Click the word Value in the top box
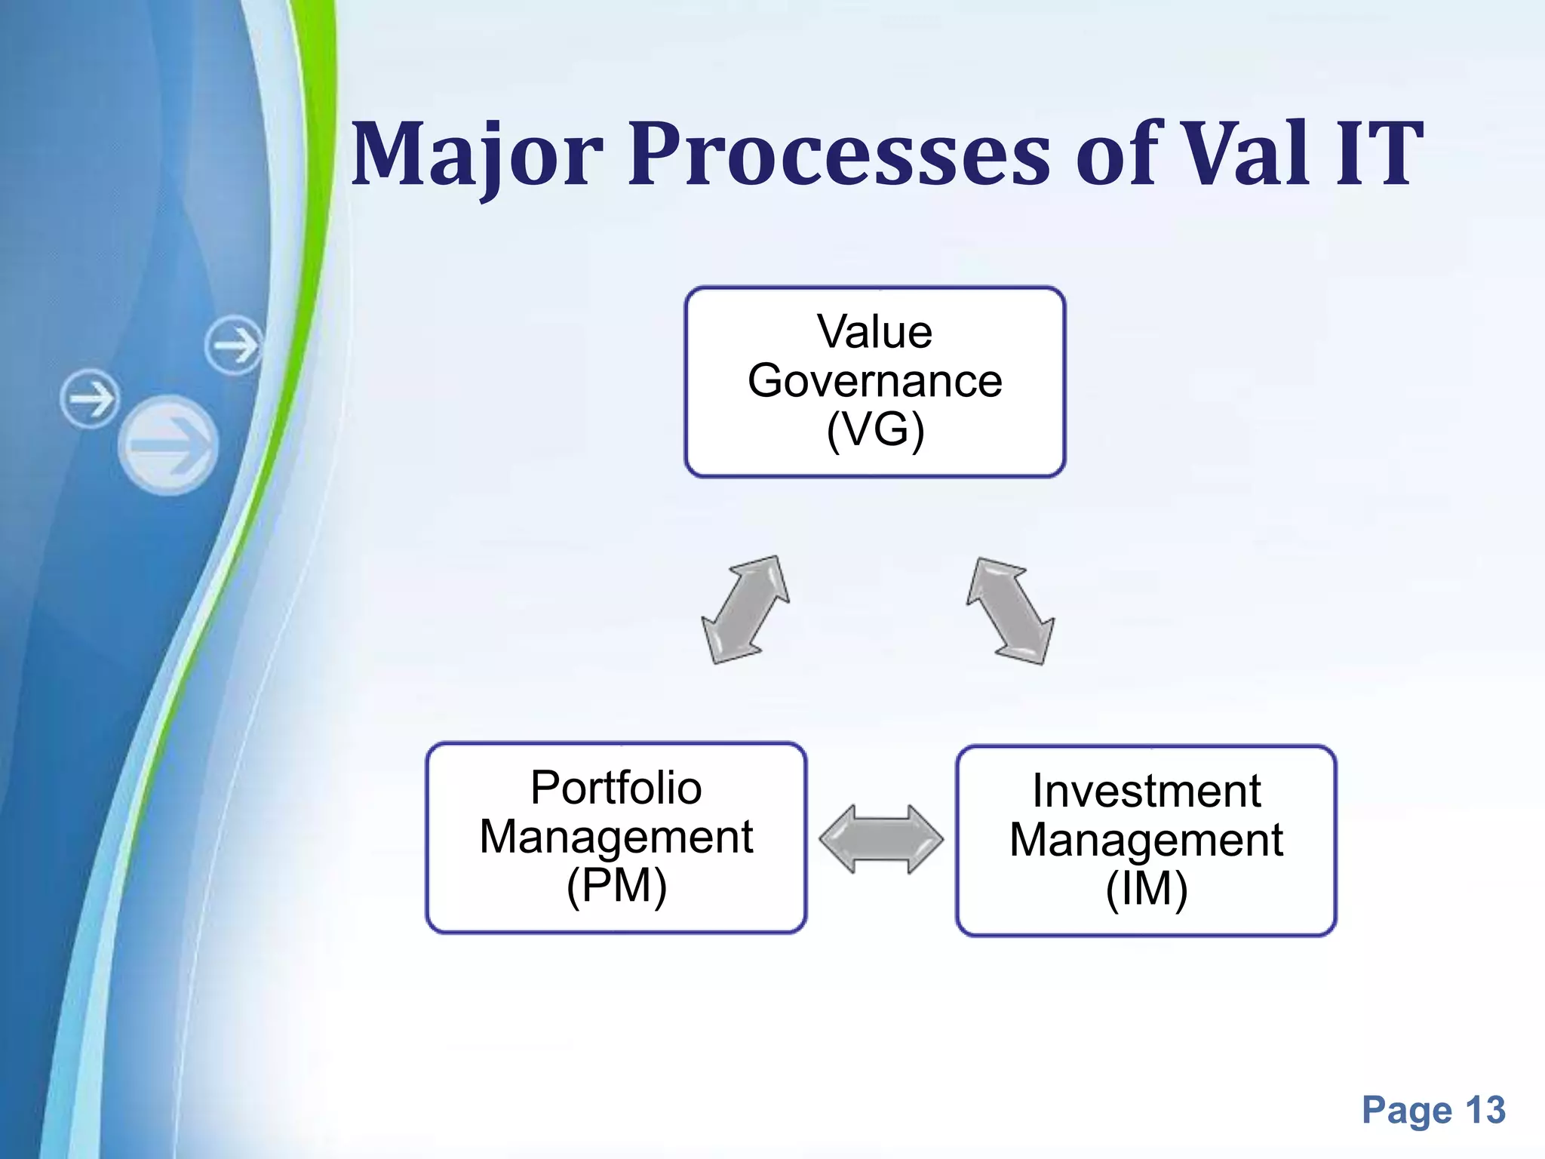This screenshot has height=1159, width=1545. tap(874, 332)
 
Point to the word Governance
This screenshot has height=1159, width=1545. tap(874, 380)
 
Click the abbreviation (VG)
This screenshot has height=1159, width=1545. tap(874, 430)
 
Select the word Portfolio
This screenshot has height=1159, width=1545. tap(616, 788)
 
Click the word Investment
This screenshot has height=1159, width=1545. tap(1146, 791)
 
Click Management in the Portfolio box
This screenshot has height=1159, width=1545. tap(616, 837)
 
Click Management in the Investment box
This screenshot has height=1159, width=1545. tap(1146, 840)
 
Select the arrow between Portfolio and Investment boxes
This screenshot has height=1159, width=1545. tap(880, 839)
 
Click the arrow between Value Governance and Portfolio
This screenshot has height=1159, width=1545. tap(745, 610)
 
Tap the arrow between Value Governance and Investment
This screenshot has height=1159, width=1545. tap(1010, 611)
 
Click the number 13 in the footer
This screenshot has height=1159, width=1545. tap(1485, 1111)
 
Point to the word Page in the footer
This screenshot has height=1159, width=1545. tap(1407, 1111)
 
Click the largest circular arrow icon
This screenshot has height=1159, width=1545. tap(168, 445)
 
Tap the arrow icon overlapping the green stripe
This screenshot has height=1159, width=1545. tap(234, 346)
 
